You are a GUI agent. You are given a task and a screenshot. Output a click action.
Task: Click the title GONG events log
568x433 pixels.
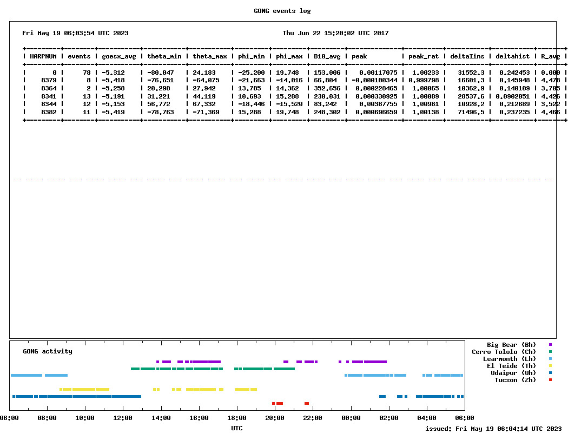282,11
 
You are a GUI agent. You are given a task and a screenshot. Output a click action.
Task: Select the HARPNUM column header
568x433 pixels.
43,56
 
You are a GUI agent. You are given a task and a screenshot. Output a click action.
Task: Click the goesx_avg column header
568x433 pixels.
119,56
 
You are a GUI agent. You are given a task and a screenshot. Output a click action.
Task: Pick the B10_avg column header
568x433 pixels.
327,56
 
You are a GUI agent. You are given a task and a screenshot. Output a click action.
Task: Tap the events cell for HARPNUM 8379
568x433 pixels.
88,80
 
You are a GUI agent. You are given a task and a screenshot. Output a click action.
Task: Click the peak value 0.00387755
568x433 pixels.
378,104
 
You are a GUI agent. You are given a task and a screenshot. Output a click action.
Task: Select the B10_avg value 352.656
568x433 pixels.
327,88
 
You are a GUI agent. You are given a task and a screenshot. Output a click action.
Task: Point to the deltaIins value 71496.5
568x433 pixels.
471,112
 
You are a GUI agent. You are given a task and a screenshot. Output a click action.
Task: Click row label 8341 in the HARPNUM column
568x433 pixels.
49,96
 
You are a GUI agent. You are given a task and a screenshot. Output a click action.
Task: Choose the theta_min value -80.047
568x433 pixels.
161,73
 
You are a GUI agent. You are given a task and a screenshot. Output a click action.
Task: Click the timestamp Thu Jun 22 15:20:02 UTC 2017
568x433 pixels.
335,33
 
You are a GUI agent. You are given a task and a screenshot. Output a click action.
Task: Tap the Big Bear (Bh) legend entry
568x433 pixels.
511,345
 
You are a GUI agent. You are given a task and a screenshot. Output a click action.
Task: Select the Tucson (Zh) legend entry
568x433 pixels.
515,380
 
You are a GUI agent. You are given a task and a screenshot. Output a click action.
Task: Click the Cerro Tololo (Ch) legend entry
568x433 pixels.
504,351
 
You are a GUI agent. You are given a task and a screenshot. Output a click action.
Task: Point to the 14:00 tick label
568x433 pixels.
161,418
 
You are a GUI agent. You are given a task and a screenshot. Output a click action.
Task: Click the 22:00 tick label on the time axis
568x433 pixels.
313,418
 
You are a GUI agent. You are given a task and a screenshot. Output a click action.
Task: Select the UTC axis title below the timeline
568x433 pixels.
236,428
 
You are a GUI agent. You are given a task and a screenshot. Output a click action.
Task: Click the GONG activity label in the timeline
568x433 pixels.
48,351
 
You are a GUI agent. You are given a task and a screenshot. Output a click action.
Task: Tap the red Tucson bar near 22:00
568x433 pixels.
307,403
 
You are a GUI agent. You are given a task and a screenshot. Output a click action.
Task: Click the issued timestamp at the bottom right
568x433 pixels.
493,429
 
